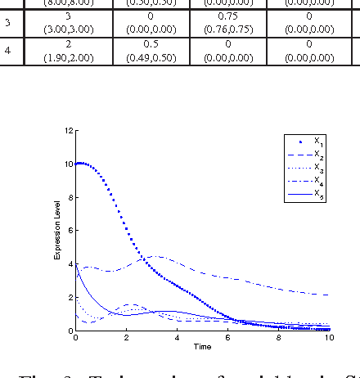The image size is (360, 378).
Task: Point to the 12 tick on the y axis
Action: coord(70,131)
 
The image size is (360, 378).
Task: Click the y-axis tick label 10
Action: coord(70,164)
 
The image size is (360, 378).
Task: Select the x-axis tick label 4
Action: coord(177,338)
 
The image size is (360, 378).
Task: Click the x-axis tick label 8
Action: coord(278,338)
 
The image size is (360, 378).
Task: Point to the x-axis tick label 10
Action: coord(329,338)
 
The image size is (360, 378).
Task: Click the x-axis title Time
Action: coord(202,347)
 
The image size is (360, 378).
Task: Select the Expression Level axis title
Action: coord(58,231)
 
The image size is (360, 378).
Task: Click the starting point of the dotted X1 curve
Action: coord(76,164)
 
